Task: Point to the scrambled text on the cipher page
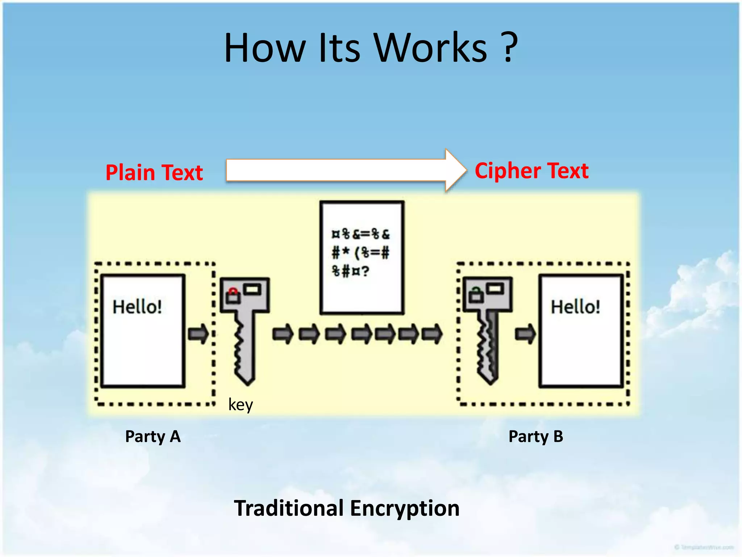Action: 360,252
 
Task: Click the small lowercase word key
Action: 241,404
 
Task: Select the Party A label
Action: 153,436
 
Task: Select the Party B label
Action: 535,436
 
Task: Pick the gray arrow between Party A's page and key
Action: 198,334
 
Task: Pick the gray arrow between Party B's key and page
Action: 525,334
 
